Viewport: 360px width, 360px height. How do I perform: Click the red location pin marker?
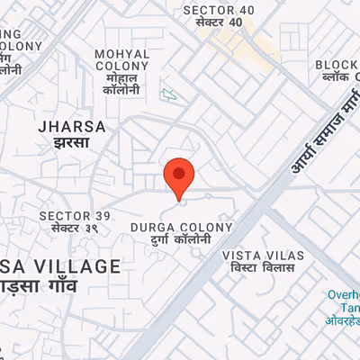tap(179, 176)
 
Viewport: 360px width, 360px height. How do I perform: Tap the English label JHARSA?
tap(73, 127)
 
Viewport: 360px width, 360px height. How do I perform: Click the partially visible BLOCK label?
tap(337, 65)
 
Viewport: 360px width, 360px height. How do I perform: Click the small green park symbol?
tap(166, 93)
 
